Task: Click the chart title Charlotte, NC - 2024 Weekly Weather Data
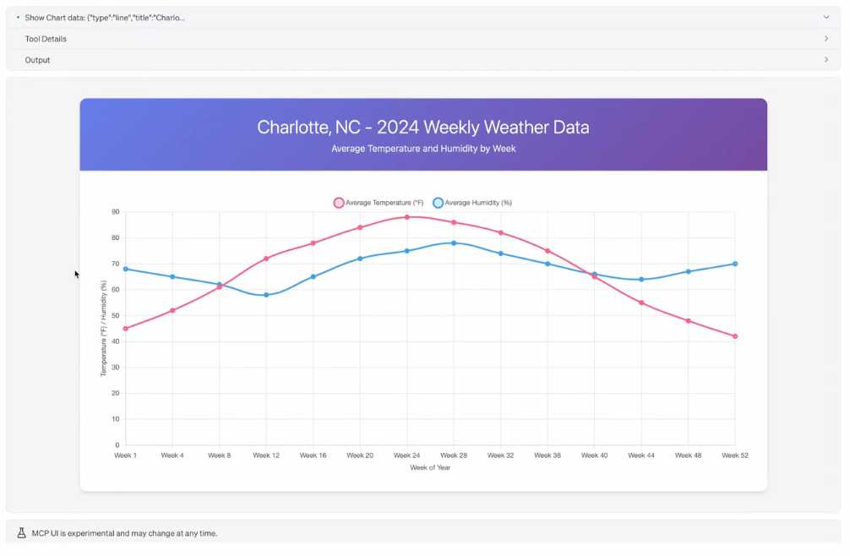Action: coord(423,128)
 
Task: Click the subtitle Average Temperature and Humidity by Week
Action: coord(423,149)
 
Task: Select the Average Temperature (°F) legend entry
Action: coord(379,203)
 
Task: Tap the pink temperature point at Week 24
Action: coord(406,217)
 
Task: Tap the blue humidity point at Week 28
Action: coord(454,243)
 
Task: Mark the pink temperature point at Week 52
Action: coord(735,336)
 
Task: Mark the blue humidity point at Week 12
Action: coord(266,295)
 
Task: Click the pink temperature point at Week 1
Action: coord(126,329)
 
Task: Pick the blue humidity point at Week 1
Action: coord(126,269)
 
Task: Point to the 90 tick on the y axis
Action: coord(116,212)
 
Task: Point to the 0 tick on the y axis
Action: coord(117,445)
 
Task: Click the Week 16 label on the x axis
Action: coord(313,455)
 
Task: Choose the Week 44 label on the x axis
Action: coord(641,455)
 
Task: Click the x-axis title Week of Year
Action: coord(430,467)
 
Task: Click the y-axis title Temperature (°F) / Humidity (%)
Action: coord(104,329)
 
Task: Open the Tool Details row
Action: coord(46,39)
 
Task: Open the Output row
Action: coord(37,60)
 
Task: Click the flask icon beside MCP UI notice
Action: coord(22,533)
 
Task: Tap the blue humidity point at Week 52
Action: coord(735,264)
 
